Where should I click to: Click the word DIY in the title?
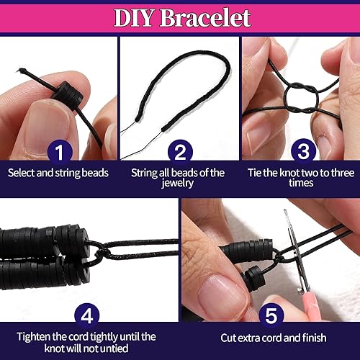click(138, 18)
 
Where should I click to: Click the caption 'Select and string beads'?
click(58, 173)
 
